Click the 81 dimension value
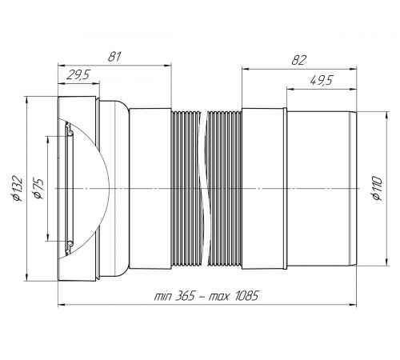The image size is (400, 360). [x=114, y=57]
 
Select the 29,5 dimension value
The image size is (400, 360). [x=78, y=75]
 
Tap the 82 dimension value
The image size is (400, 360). [x=299, y=61]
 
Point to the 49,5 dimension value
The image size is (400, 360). [x=322, y=80]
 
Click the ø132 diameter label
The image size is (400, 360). [x=18, y=188]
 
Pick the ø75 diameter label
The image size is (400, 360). [x=38, y=189]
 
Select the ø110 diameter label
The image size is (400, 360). [x=377, y=188]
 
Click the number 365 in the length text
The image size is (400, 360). [x=185, y=296]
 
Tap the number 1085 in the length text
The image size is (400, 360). [x=246, y=296]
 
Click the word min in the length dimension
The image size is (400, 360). [x=162, y=297]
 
